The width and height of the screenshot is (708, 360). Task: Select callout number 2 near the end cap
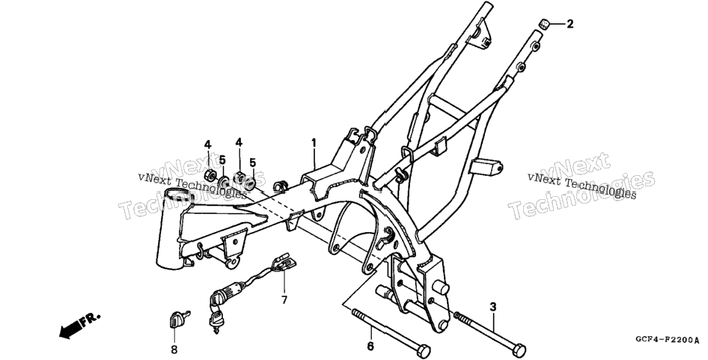570,24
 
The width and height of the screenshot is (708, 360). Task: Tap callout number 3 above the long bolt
493,307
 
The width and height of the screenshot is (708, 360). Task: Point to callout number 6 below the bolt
370,347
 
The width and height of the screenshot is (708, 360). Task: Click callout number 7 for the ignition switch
284,299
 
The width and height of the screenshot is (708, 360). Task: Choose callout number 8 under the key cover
174,350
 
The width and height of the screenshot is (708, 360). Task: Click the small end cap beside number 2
545,24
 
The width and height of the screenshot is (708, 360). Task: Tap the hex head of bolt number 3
519,350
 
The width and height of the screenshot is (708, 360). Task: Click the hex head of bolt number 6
424,351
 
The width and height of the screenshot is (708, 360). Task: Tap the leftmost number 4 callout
207,144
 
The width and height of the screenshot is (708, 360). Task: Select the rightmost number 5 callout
253,162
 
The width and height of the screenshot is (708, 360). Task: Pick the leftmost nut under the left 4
210,175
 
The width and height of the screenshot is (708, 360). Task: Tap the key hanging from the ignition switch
216,323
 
